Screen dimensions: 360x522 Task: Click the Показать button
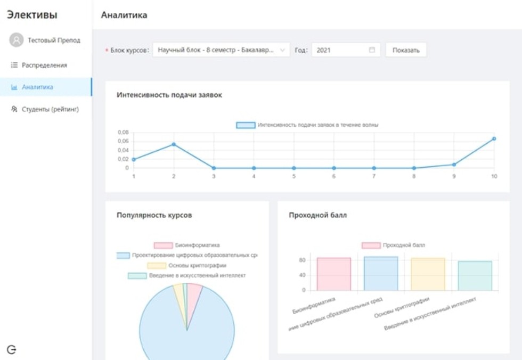pos(406,50)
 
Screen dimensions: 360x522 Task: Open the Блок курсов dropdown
pos(221,50)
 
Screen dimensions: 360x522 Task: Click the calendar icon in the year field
pos(372,50)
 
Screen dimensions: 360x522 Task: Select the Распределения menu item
pos(44,65)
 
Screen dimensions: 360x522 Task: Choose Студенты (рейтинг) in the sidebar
pos(50,109)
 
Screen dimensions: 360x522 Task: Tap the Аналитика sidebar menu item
pos(37,87)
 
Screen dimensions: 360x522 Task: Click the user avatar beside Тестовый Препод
pos(17,40)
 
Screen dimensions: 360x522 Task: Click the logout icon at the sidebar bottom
pos(12,349)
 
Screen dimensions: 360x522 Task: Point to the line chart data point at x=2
pos(174,144)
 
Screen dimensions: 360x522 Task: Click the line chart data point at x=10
pos(494,138)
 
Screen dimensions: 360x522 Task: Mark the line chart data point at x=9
pos(454,165)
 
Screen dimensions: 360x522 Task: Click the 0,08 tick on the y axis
pos(123,132)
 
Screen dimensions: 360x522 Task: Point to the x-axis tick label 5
pos(293,176)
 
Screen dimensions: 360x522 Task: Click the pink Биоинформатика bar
pos(333,274)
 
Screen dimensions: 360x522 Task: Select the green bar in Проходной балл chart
pos(475,276)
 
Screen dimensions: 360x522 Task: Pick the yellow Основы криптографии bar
pos(428,274)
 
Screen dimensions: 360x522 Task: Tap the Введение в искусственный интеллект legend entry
pos(187,275)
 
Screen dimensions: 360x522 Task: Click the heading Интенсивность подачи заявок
pos(169,95)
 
